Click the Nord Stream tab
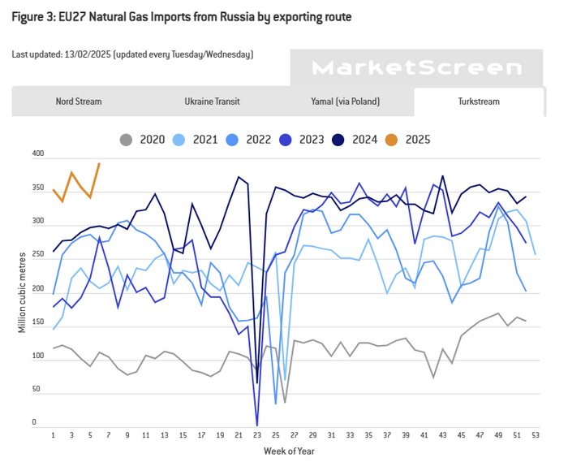(x=79, y=101)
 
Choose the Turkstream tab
(x=478, y=101)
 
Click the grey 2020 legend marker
(x=125, y=139)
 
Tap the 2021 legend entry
(x=204, y=139)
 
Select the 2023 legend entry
(x=310, y=139)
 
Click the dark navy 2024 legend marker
(x=337, y=139)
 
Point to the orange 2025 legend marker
(x=390, y=139)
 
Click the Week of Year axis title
(x=289, y=451)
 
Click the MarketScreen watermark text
(x=417, y=68)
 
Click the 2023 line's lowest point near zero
(x=257, y=425)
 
